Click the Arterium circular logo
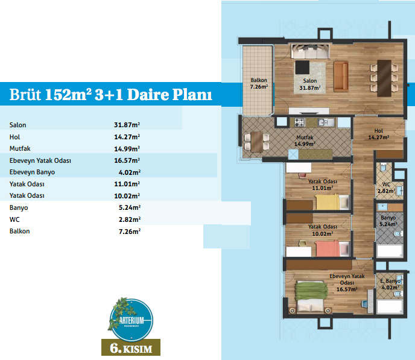click(x=131, y=320)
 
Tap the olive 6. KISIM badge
click(x=131, y=347)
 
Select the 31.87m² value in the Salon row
click(x=127, y=125)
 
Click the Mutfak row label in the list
click(x=20, y=148)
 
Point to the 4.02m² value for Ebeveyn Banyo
click(x=130, y=172)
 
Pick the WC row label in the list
click(x=14, y=219)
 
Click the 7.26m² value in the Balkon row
click(x=130, y=232)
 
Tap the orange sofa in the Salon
click(x=341, y=77)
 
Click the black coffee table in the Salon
click(x=302, y=68)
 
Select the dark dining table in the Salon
click(x=384, y=78)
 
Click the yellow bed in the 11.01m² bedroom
click(x=328, y=202)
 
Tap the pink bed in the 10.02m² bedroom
click(x=328, y=248)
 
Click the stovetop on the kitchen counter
click(x=300, y=122)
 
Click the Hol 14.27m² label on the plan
click(x=378, y=134)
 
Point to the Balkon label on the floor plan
click(x=259, y=80)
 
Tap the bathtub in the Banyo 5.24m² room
click(x=390, y=250)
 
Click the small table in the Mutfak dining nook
click(x=257, y=142)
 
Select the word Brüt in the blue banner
click(x=25, y=94)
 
